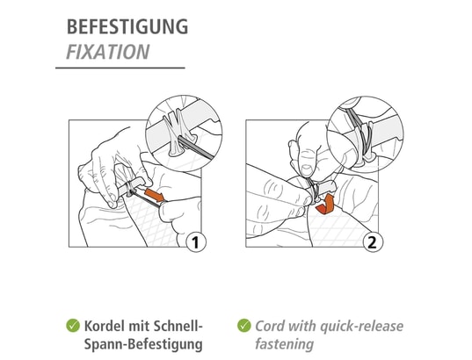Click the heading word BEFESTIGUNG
(x=127, y=26)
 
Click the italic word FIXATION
(x=108, y=52)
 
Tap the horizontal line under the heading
(x=120, y=68)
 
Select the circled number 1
(x=196, y=242)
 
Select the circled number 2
(x=373, y=242)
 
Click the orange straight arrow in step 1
(x=155, y=195)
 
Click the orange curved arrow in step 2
(x=326, y=205)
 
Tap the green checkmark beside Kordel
(x=73, y=326)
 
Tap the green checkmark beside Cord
(x=243, y=326)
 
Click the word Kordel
(x=104, y=326)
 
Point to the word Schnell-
(x=178, y=326)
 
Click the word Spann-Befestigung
(x=143, y=344)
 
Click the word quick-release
(x=361, y=327)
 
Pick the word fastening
(x=284, y=344)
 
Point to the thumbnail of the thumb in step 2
(x=307, y=169)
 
